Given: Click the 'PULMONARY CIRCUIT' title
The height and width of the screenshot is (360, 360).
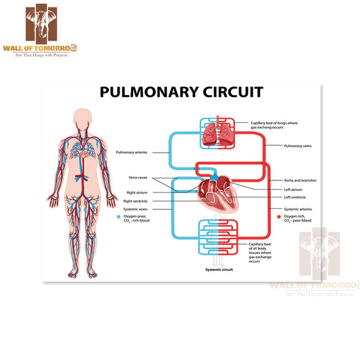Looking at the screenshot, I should pyautogui.click(x=181, y=92).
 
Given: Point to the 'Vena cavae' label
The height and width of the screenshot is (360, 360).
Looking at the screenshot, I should pyautogui.click(x=138, y=178).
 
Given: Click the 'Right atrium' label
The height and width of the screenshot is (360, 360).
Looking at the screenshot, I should pyautogui.click(x=136, y=192).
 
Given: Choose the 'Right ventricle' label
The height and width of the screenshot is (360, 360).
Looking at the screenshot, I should pyautogui.click(x=135, y=201).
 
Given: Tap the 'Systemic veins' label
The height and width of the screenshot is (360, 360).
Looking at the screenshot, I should pyautogui.click(x=136, y=209).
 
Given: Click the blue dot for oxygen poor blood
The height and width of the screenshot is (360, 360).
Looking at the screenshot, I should pyautogui.click(x=118, y=217).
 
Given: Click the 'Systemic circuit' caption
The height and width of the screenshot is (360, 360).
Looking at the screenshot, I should pyautogui.click(x=219, y=269).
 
